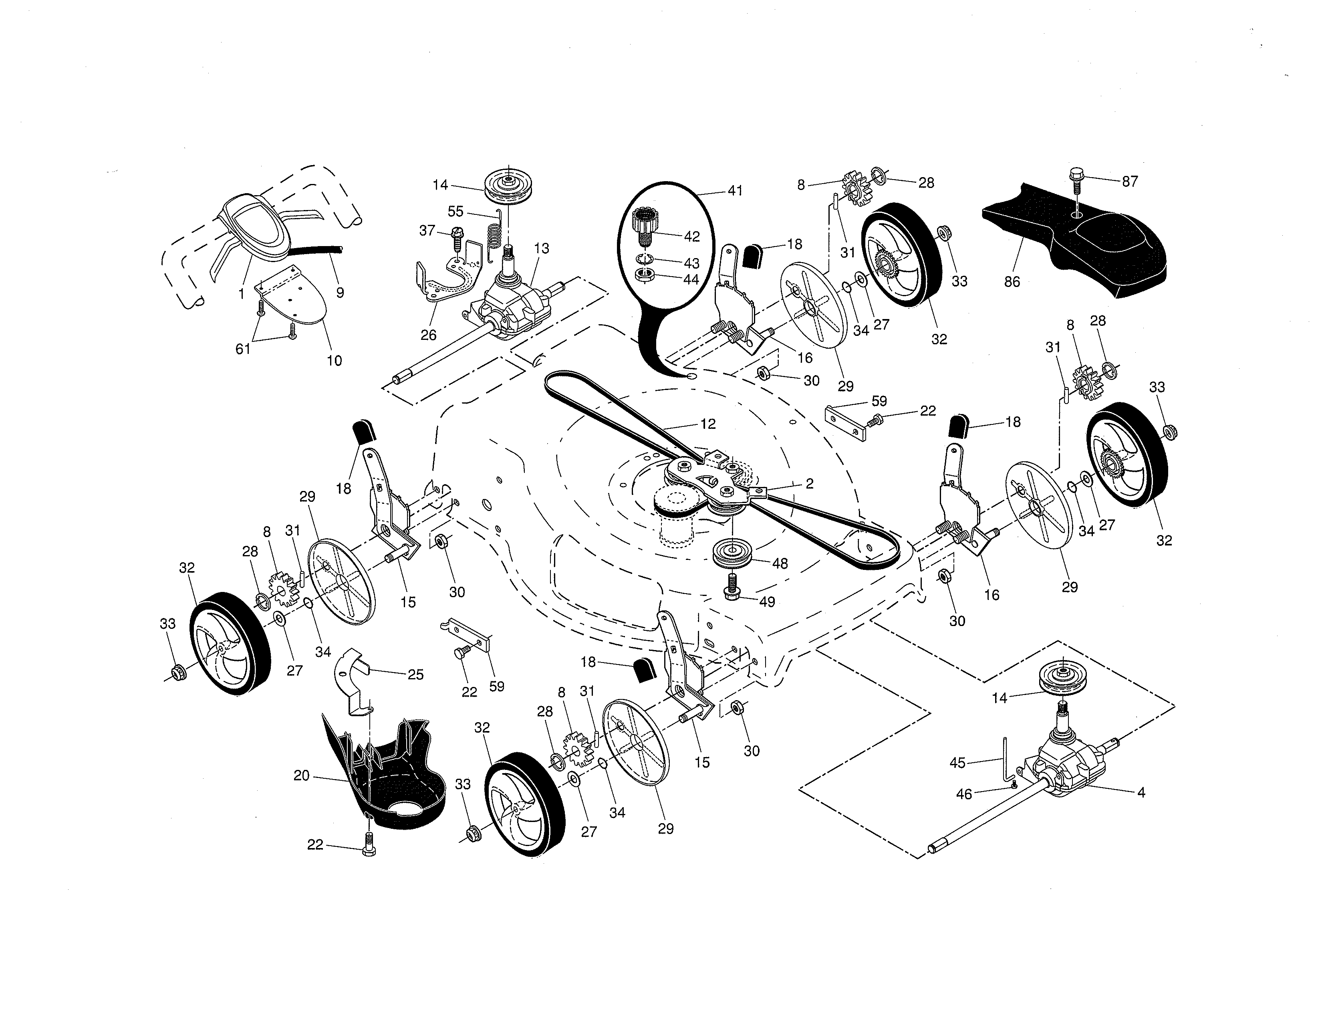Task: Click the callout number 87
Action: coord(1130,181)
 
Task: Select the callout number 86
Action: coord(1012,281)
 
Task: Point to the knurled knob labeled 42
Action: coord(648,224)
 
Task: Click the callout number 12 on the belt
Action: coord(707,424)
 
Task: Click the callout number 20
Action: coord(301,776)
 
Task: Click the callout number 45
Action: coord(957,763)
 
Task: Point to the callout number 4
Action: coord(1141,792)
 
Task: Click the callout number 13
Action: coord(541,248)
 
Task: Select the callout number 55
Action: coord(455,211)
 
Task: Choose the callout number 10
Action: coord(334,361)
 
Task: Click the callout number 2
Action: coord(809,484)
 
